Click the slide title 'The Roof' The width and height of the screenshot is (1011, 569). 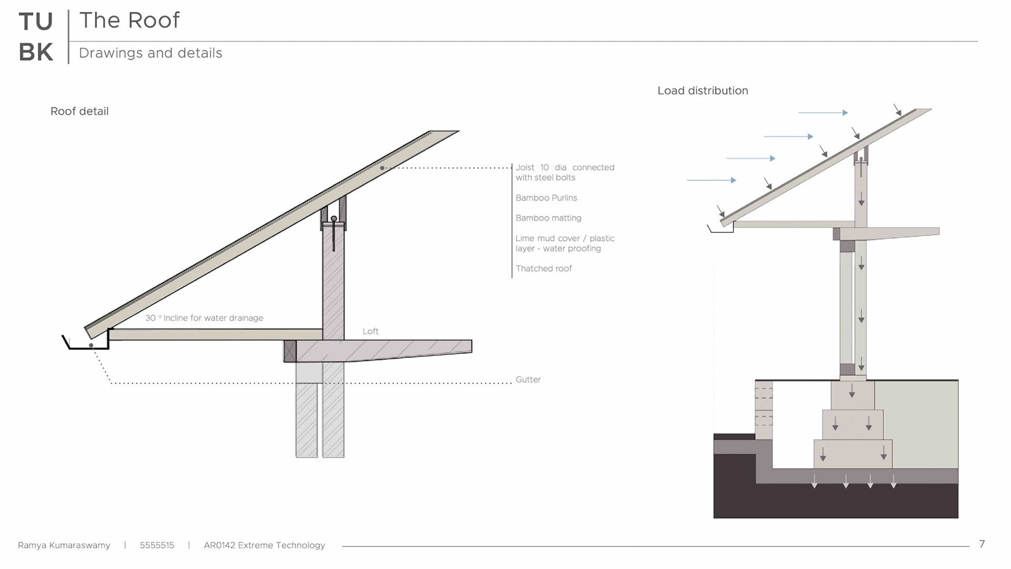coord(129,21)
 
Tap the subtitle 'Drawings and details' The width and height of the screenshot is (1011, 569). coord(150,53)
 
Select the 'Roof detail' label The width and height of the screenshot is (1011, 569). coord(80,111)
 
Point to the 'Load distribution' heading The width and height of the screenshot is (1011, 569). coord(702,91)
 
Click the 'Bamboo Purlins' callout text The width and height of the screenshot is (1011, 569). coord(546,198)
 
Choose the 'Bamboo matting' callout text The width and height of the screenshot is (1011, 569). coord(548,218)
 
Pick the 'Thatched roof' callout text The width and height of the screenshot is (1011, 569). coord(543,269)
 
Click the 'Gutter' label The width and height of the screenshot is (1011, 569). coord(528,380)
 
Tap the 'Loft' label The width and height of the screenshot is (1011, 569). coord(370,331)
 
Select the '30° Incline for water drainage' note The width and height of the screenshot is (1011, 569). coord(204,318)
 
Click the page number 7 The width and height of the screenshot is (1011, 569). coord(982,544)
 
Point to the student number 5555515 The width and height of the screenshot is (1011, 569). coord(157,545)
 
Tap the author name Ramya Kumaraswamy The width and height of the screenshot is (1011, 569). coord(64,545)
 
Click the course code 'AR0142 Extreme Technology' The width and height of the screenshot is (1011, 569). coord(264,545)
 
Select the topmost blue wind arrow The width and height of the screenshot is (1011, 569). coord(822,113)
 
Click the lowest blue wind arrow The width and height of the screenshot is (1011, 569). coord(711,180)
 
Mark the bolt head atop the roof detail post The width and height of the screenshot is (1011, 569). coord(334,219)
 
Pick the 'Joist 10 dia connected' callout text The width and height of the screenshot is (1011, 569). coord(564,168)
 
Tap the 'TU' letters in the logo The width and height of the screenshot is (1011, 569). coord(36,22)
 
